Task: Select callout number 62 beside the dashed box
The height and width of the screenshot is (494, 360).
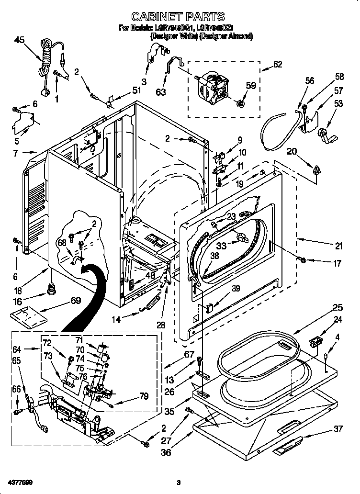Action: [x=277, y=65]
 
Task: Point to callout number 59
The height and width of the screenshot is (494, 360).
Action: [x=250, y=86]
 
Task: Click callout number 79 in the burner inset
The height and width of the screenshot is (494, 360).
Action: [x=143, y=396]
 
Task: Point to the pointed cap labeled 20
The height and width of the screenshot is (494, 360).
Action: [x=316, y=168]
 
